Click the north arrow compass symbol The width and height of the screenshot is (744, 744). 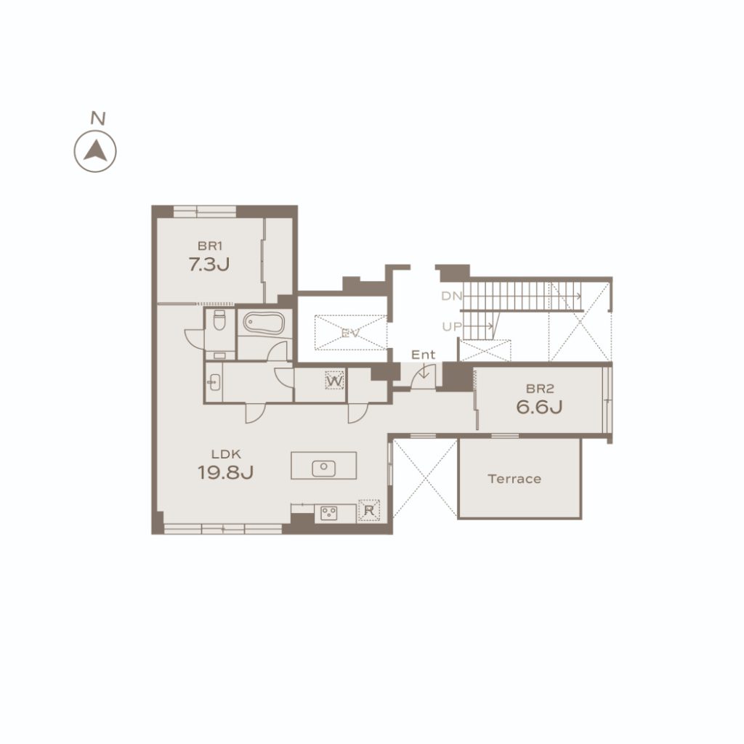95,151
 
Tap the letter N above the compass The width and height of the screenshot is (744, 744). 98,118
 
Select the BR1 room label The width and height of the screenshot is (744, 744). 210,246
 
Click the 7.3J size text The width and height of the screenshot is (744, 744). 209,264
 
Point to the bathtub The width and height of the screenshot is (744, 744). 264,323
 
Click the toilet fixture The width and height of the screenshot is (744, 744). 219,320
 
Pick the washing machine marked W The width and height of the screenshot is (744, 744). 334,381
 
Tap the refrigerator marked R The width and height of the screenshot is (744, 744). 368,511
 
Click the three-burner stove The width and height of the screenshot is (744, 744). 329,513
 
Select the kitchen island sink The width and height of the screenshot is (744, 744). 323,468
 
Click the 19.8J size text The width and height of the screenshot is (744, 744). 225,472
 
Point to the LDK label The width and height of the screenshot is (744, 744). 227,454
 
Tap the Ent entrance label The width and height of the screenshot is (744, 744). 424,355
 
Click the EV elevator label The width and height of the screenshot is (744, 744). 351,333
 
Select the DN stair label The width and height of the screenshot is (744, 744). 452,296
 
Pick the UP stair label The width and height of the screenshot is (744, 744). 452,326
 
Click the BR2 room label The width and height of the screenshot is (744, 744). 540,389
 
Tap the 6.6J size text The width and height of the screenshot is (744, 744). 540,407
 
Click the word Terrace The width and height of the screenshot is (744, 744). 514,479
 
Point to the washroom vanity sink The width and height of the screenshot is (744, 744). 214,382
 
